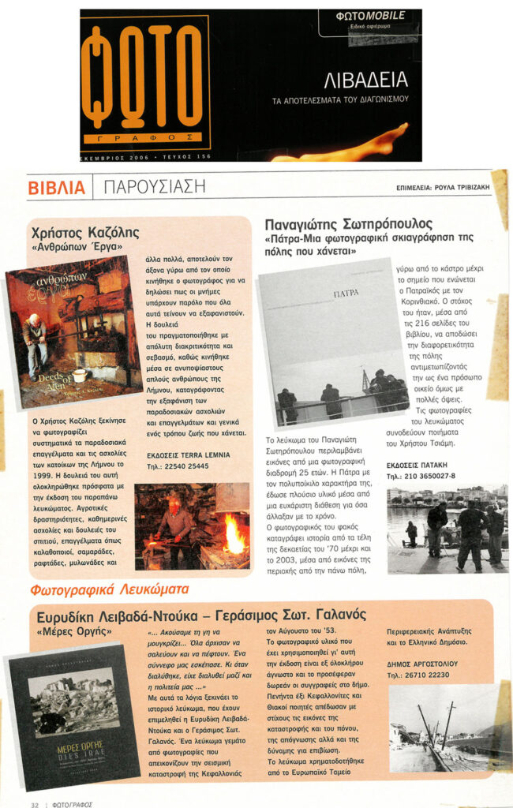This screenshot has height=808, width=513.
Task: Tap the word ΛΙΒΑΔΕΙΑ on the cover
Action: coord(366,79)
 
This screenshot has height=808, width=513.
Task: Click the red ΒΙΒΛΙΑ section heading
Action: coord(56,188)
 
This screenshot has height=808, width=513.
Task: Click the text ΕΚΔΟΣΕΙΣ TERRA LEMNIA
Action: coord(189,454)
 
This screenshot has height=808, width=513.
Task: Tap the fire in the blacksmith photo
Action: coord(234,534)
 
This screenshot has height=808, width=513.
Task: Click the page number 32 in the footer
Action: coord(35,804)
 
